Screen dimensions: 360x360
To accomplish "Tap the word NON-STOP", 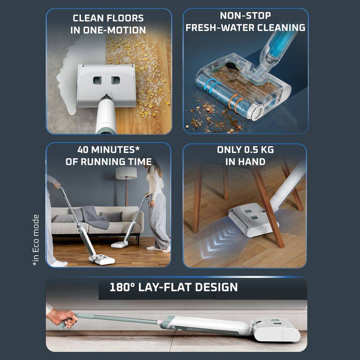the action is click(x=245, y=16).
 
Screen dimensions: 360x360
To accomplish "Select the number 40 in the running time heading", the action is click(x=83, y=150).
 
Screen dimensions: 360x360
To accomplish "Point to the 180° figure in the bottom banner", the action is click(x=122, y=287).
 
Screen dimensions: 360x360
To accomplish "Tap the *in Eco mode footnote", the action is click(x=36, y=240).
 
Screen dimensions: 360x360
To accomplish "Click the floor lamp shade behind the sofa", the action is click(x=126, y=173).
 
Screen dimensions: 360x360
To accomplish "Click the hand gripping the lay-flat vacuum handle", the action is click(x=62, y=318).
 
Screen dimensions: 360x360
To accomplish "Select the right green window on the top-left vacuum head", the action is click(x=115, y=80).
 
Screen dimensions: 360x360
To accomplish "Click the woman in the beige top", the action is click(x=157, y=206).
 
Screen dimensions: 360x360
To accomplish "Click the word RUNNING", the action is click(x=102, y=162).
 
